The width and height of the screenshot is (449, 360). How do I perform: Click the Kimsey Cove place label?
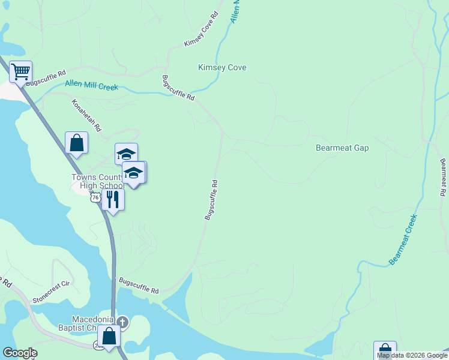click(222, 68)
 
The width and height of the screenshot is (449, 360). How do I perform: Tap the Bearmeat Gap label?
click(342, 148)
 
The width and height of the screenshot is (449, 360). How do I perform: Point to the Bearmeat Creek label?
click(402, 239)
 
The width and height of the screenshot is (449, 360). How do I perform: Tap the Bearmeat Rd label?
click(443, 177)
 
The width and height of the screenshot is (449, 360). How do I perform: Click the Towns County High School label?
click(97, 182)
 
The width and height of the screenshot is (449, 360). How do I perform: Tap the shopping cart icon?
click(20, 73)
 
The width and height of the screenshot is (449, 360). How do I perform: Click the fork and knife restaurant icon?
click(113, 199)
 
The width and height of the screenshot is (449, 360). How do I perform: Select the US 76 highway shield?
click(94, 197)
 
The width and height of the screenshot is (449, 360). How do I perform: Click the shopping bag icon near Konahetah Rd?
click(76, 143)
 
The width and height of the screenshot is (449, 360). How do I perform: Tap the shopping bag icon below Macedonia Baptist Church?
click(109, 337)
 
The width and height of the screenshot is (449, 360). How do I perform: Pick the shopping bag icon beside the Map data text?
click(385, 351)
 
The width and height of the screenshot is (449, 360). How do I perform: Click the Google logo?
click(20, 353)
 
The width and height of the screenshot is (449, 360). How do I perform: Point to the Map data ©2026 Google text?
click(412, 355)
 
